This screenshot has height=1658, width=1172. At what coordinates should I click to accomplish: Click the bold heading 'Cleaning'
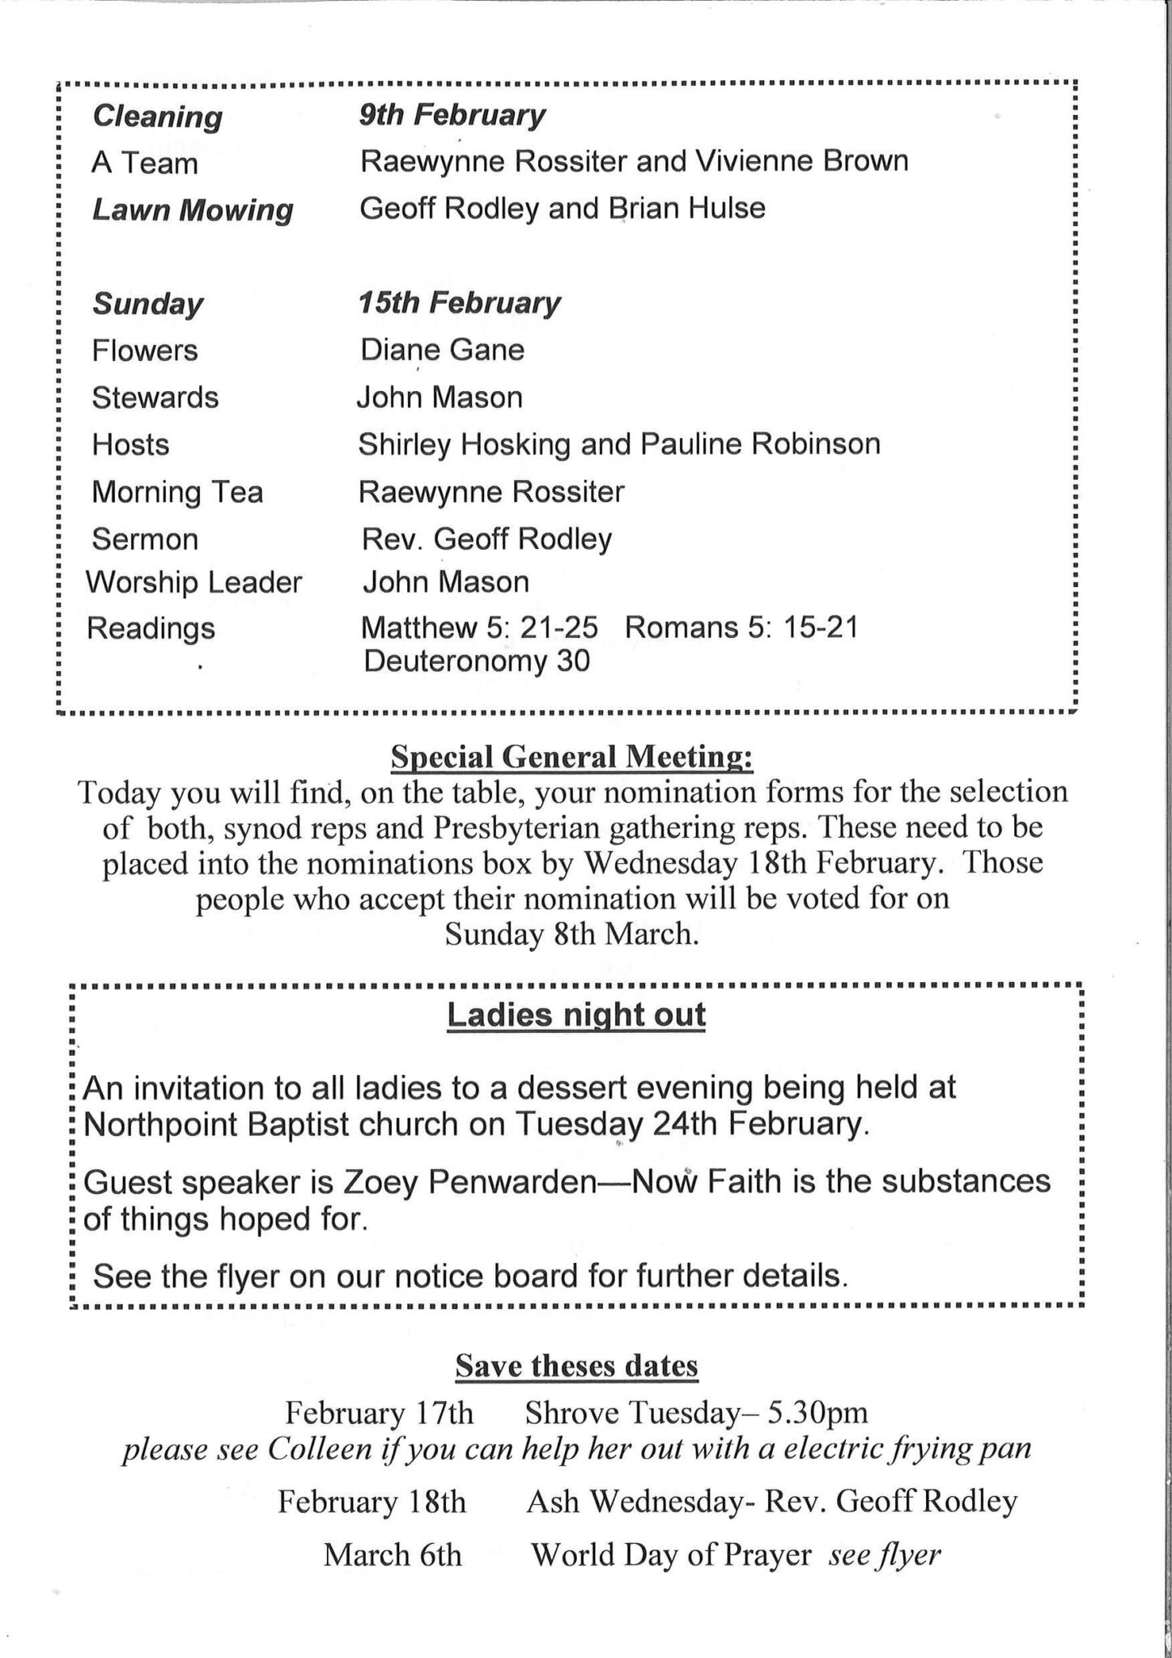pyautogui.click(x=157, y=117)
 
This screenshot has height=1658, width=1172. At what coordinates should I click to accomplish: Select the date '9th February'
pyautogui.click(x=452, y=116)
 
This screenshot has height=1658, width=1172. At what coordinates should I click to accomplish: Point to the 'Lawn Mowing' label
pyautogui.click(x=192, y=210)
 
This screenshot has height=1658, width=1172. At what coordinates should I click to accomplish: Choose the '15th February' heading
pyautogui.click(x=459, y=304)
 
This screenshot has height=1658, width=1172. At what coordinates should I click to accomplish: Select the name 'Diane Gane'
pyautogui.click(x=442, y=350)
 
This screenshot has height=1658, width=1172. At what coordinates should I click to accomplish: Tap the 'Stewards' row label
pyautogui.click(x=155, y=397)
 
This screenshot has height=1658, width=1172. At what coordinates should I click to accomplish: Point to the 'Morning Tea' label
pyautogui.click(x=177, y=492)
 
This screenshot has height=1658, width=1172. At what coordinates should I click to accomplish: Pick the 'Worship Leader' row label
pyautogui.click(x=193, y=582)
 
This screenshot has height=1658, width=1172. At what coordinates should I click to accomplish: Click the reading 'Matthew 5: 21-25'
pyautogui.click(x=479, y=627)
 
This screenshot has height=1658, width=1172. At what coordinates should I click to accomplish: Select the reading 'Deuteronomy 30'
pyautogui.click(x=477, y=661)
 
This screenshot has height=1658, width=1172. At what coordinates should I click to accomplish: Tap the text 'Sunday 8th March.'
pyautogui.click(x=571, y=935)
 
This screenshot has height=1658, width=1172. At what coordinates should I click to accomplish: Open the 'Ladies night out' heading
pyautogui.click(x=576, y=1015)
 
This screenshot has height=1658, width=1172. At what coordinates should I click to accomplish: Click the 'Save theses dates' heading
pyautogui.click(x=576, y=1366)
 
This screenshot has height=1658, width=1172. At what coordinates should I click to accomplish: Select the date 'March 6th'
pyautogui.click(x=393, y=1554)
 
